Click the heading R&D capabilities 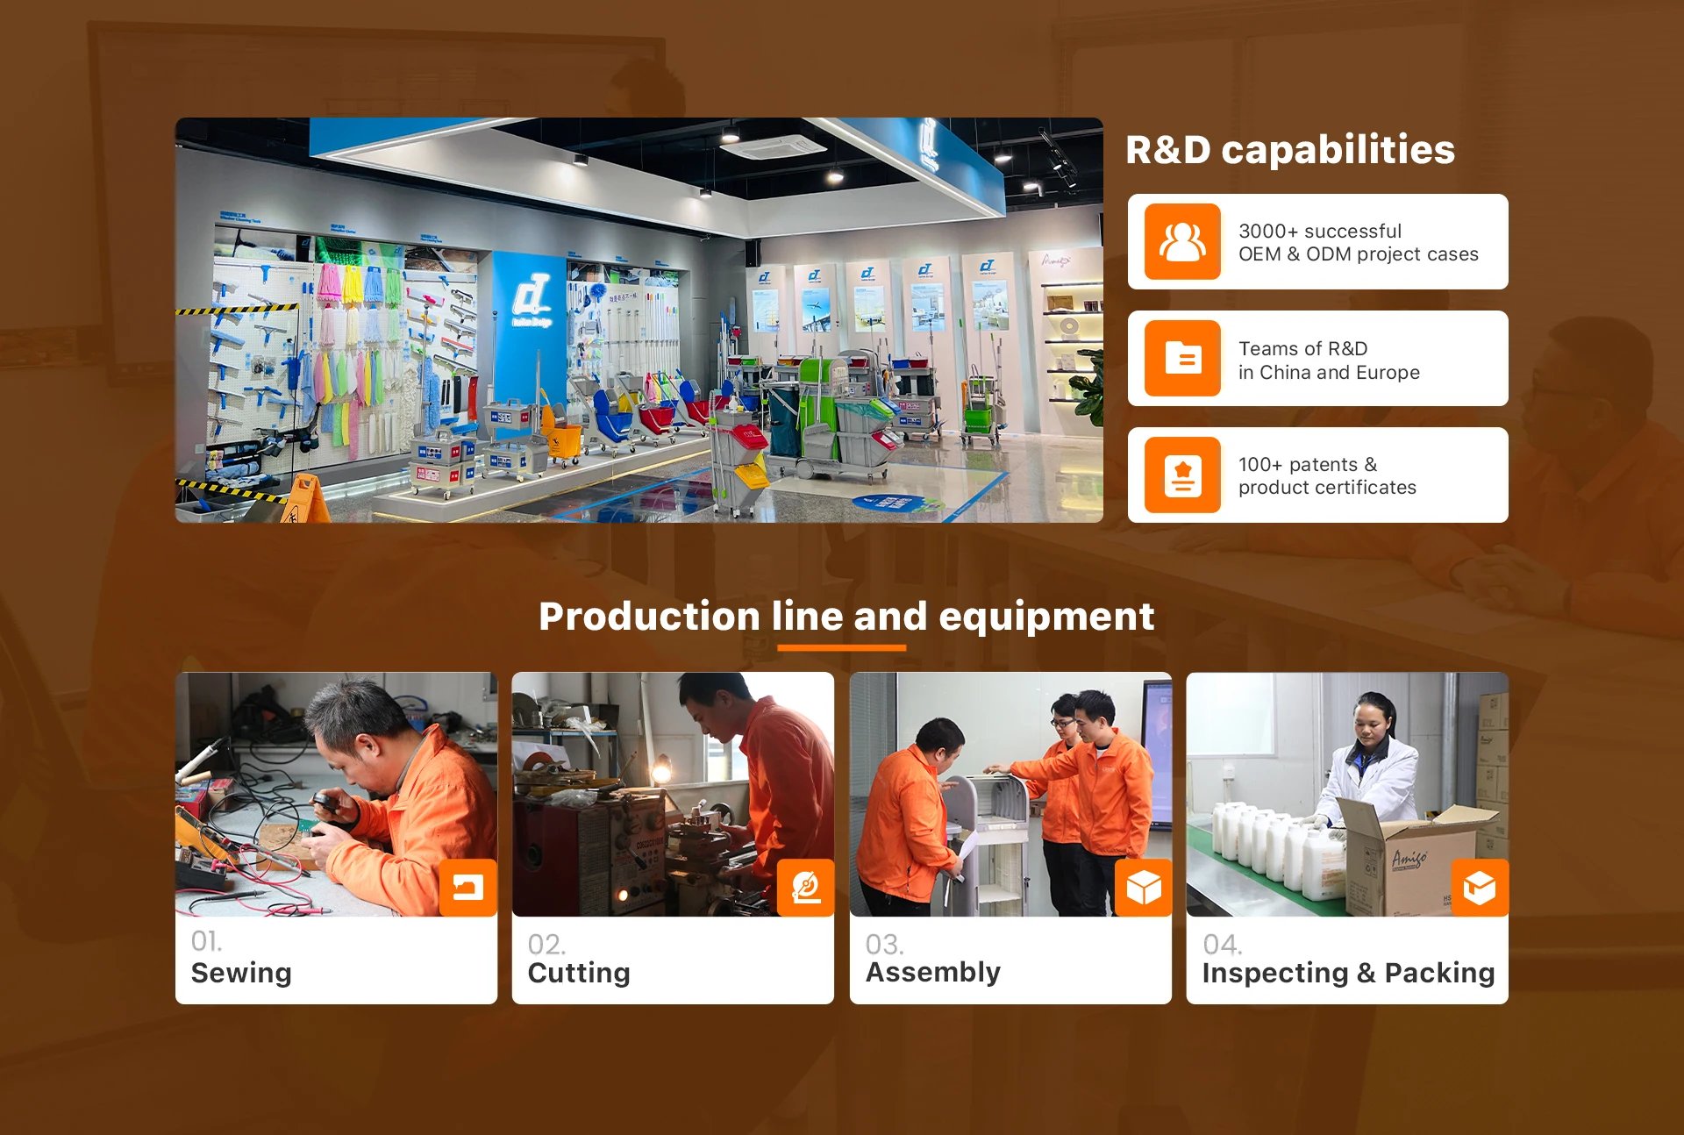pyautogui.click(x=1289, y=150)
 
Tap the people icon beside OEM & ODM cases pyautogui.click(x=1182, y=242)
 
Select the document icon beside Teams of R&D pyautogui.click(x=1182, y=358)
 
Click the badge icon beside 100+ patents pyautogui.click(x=1182, y=475)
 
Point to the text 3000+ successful pyautogui.click(x=1320, y=231)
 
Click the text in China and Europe pyautogui.click(x=1329, y=373)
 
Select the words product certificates pyautogui.click(x=1327, y=488)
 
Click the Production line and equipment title pyautogui.click(x=846, y=616)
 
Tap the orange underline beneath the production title pyautogui.click(x=841, y=648)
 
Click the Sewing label pyautogui.click(x=241, y=973)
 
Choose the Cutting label pyautogui.click(x=579, y=973)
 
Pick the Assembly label pyautogui.click(x=933, y=973)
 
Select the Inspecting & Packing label pyautogui.click(x=1348, y=973)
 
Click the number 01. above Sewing pyautogui.click(x=207, y=941)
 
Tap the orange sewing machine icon pyautogui.click(x=468, y=888)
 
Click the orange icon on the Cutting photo pyautogui.click(x=805, y=888)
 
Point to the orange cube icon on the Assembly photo pyautogui.click(x=1144, y=888)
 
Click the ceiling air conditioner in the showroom pyautogui.click(x=774, y=146)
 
